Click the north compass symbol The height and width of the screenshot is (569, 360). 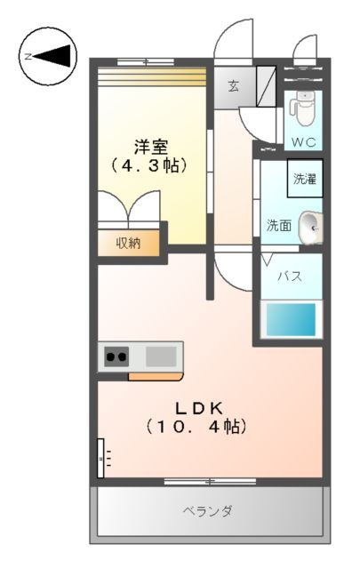coord(47,57)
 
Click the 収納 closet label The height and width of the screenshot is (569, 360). coord(129,243)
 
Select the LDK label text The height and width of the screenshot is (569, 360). coord(197,408)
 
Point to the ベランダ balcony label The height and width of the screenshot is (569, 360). coord(208,511)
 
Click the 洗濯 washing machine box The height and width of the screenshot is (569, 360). coord(305,179)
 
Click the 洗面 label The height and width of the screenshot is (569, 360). coord(279,226)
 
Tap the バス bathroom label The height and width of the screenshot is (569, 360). coord(288,276)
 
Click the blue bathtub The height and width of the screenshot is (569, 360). coord(291,319)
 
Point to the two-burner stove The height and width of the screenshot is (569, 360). coord(116,357)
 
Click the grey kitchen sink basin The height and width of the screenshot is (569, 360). coord(161,357)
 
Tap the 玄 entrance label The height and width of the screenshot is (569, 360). coord(233,86)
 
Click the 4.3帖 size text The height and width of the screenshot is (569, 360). coord(151,165)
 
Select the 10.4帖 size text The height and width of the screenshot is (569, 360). coord(197,428)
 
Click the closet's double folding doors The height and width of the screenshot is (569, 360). coord(131,212)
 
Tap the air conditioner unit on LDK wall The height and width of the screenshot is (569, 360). coord(100,458)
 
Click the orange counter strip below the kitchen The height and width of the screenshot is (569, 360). coord(155,376)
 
